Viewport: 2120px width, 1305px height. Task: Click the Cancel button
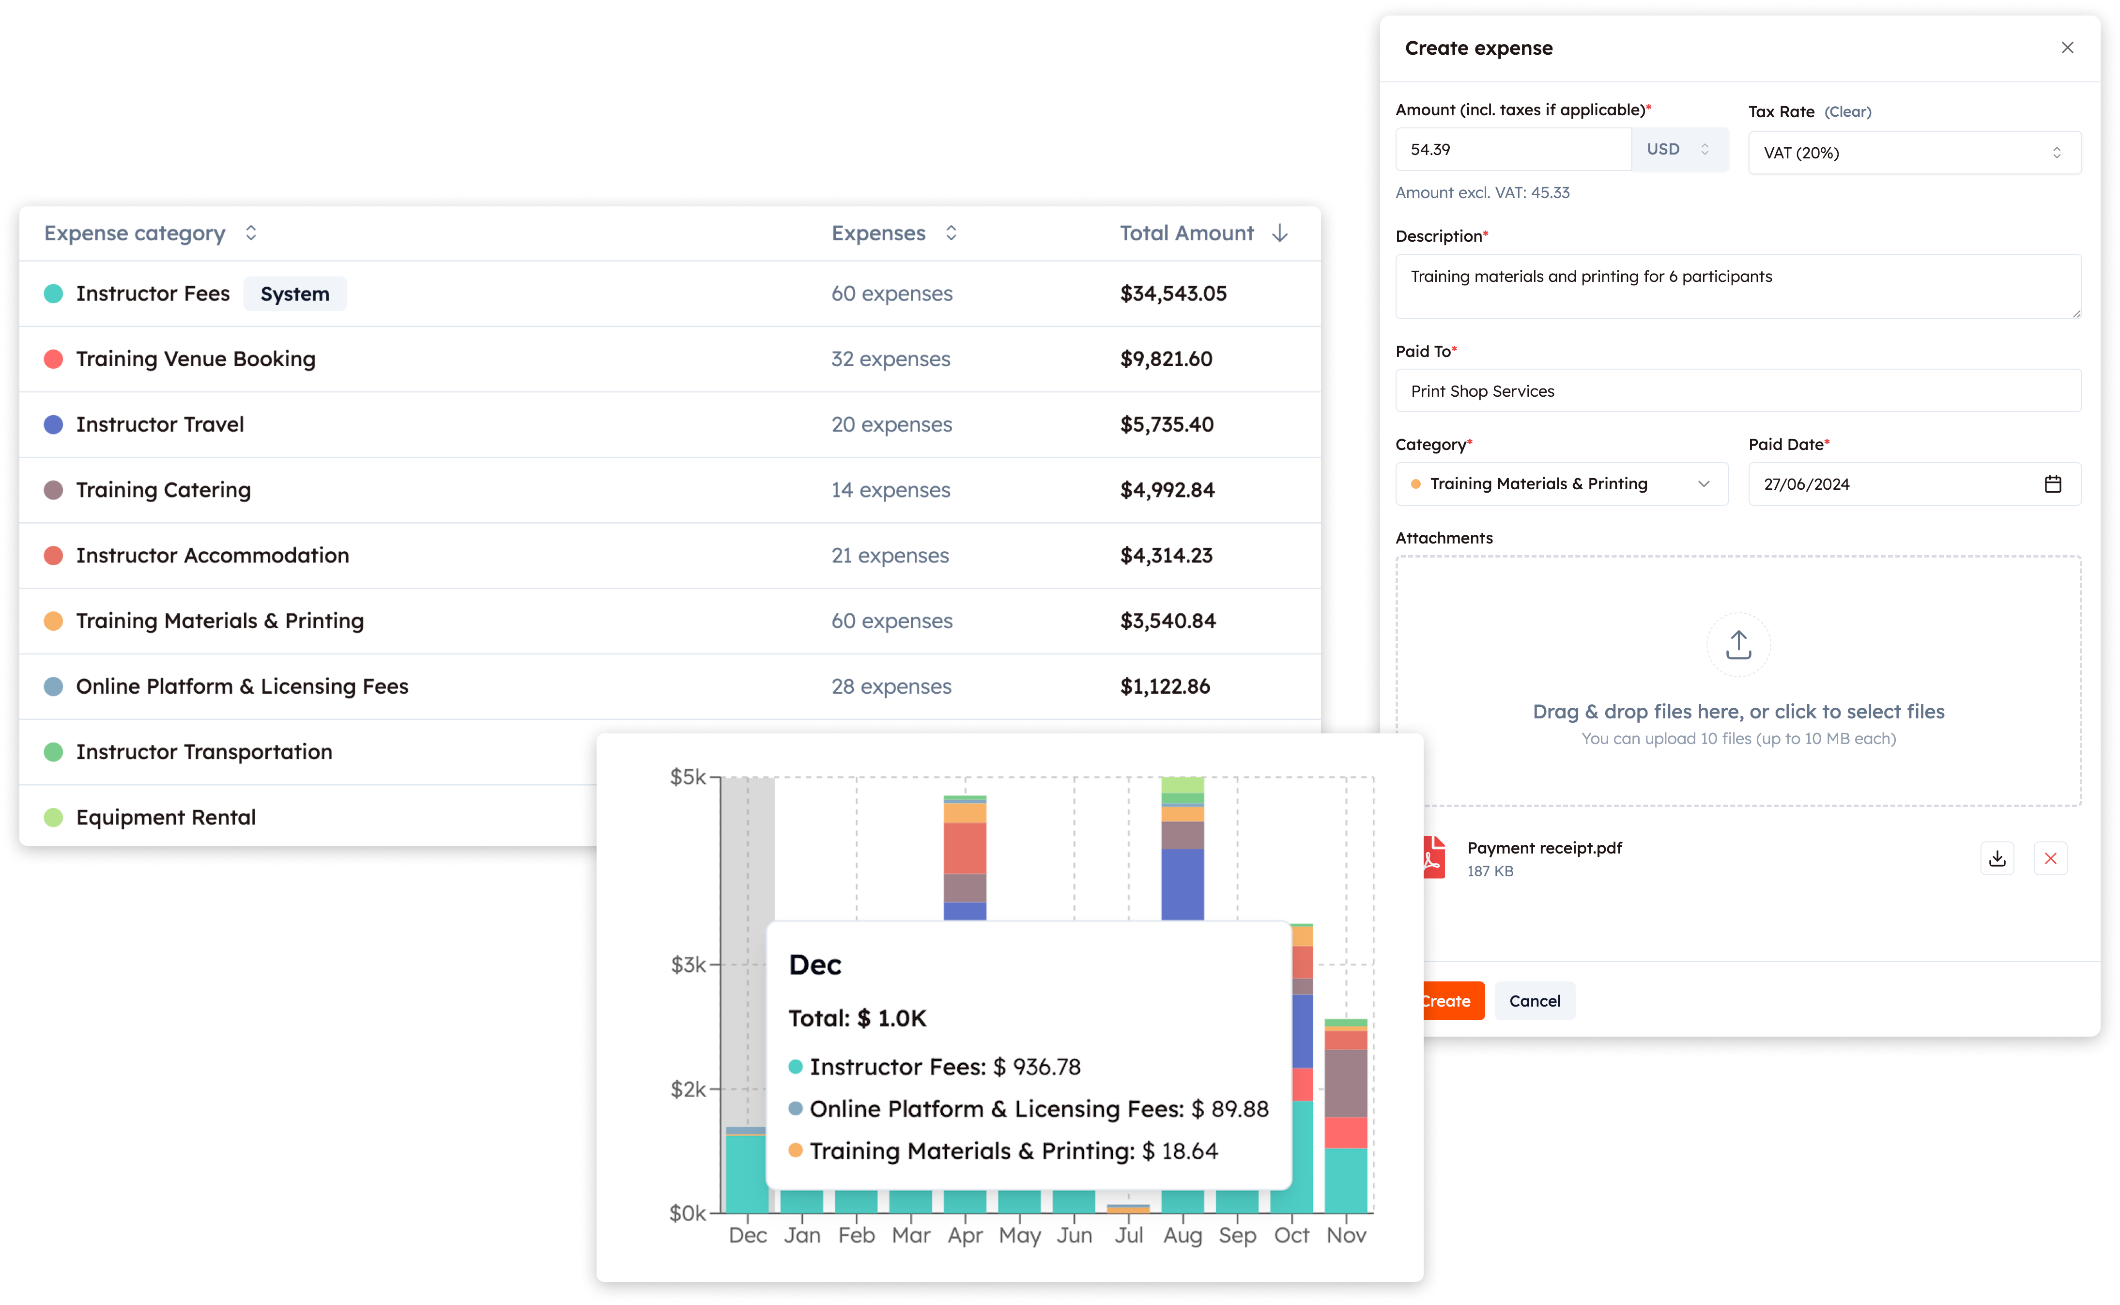click(x=1534, y=1000)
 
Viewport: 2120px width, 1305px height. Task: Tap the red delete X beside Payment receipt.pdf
click(x=2050, y=858)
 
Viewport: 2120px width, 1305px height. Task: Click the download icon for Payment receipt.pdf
click(x=1997, y=858)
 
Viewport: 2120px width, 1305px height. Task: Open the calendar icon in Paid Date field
click(x=2053, y=484)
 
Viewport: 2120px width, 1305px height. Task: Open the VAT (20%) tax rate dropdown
click(x=1914, y=153)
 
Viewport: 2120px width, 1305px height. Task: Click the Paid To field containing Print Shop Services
click(x=1738, y=391)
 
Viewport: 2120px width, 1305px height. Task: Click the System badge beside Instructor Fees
click(x=295, y=295)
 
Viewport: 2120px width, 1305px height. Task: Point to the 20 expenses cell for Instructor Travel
click(x=891, y=425)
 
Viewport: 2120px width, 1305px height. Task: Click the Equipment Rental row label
click(x=166, y=817)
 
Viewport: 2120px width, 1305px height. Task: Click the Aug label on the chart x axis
click(x=1182, y=1235)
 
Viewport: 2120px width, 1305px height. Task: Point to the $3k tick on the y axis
click(x=689, y=964)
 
